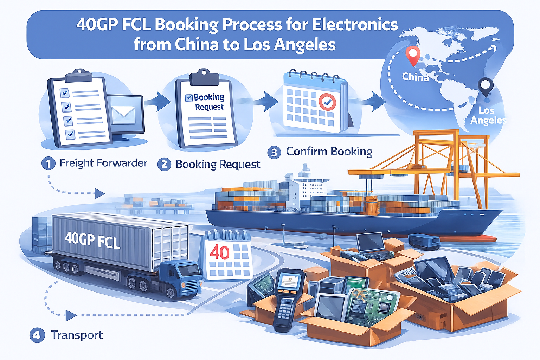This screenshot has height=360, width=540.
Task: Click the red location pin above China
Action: [413, 55]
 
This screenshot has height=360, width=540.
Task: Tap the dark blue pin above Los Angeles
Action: [486, 85]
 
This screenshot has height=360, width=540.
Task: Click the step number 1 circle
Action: [49, 163]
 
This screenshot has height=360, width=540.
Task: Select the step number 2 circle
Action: [164, 164]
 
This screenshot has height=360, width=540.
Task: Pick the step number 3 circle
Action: [274, 152]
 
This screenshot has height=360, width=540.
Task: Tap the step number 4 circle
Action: [37, 335]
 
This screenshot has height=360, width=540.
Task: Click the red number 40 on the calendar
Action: [219, 252]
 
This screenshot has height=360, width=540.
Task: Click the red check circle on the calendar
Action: [327, 102]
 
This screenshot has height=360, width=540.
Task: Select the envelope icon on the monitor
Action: [123, 113]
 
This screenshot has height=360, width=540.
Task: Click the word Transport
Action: [77, 335]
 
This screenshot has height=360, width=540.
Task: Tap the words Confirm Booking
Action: [329, 152]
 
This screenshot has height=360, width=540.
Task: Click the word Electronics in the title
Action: [355, 25]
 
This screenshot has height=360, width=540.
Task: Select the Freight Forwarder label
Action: [103, 163]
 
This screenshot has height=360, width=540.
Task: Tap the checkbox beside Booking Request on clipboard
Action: [189, 98]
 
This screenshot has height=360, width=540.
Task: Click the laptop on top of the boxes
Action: [371, 244]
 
